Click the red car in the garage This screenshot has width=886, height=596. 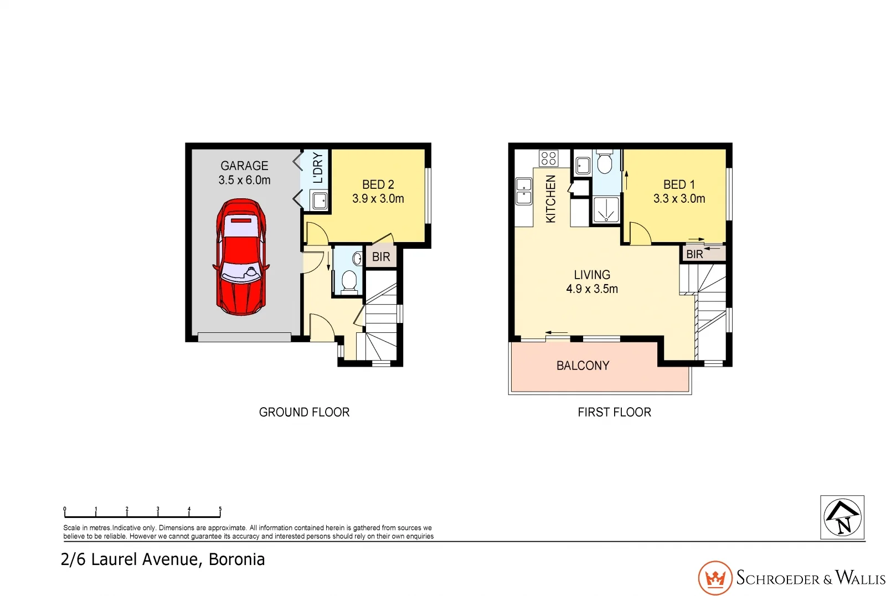[241, 258]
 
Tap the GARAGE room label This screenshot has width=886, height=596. [244, 166]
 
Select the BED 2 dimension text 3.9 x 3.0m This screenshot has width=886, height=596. [378, 198]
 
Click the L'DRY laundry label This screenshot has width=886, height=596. [318, 168]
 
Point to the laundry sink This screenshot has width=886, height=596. [320, 200]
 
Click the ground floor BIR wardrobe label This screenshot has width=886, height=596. [381, 257]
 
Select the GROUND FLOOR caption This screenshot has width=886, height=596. [304, 412]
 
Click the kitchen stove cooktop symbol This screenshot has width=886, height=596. [548, 158]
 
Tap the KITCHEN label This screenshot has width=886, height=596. [550, 199]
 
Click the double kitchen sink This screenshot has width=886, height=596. [524, 191]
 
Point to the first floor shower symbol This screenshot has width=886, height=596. [606, 210]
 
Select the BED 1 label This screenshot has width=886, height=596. [679, 184]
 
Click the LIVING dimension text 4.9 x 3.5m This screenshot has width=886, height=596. [592, 289]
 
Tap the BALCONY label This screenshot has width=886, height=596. [583, 366]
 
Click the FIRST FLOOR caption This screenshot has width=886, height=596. [614, 412]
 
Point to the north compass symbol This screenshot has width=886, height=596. [842, 517]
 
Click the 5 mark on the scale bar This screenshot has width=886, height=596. [220, 509]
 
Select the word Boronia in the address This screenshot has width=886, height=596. [236, 559]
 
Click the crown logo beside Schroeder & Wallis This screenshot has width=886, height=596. [715, 578]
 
